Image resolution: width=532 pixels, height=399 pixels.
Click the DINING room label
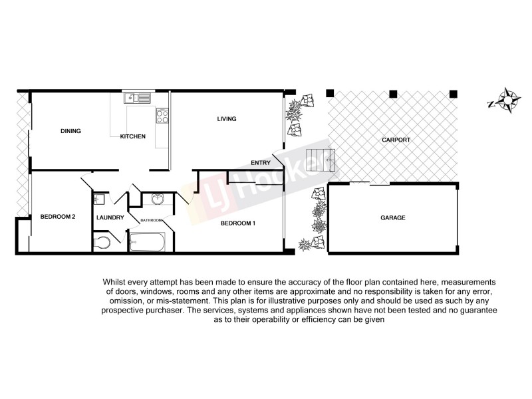click(70, 131)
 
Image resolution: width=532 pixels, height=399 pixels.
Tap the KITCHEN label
click(132, 137)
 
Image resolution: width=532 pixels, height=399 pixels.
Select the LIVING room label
click(227, 119)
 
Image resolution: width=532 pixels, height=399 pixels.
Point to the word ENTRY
click(260, 162)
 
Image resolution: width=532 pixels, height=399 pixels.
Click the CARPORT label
click(396, 140)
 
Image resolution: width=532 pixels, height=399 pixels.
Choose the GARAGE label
click(392, 217)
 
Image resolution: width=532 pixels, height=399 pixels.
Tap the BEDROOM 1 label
click(238, 223)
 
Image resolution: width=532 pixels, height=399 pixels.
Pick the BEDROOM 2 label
click(57, 217)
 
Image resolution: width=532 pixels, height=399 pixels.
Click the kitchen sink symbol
click(137, 98)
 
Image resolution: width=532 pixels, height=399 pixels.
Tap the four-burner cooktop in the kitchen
click(162, 116)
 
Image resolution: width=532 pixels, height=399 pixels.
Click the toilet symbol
click(102, 241)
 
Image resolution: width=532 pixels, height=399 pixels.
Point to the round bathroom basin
click(158, 200)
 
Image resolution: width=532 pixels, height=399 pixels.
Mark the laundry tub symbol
click(99, 199)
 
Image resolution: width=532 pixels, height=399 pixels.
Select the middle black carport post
click(393, 93)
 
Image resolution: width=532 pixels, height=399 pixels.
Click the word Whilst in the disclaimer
click(116, 283)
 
